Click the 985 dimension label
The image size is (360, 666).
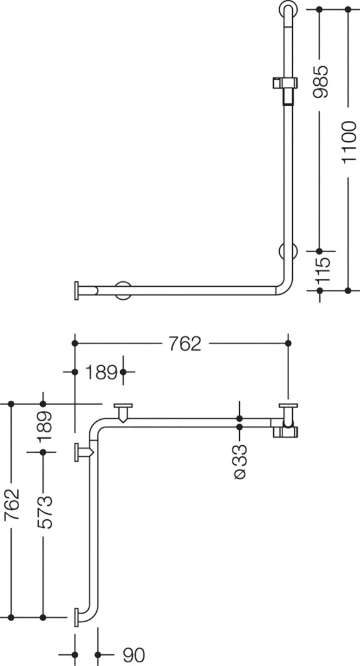321,81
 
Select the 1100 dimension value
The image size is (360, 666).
350,142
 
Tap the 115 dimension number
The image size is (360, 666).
322,270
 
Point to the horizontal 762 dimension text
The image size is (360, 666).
185,343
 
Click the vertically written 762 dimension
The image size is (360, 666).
12,504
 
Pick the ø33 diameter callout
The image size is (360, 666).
240,461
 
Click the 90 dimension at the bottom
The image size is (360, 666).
134,655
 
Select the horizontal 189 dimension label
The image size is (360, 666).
101,372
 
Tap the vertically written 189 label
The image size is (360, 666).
44,427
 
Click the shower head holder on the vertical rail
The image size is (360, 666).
284,88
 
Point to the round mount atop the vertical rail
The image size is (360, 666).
288,9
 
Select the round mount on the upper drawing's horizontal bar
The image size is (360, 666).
123,290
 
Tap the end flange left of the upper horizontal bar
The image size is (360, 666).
77,290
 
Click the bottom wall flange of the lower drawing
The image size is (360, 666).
76,617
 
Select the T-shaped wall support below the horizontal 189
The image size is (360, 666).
123,412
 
